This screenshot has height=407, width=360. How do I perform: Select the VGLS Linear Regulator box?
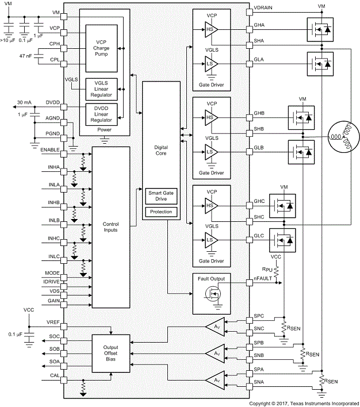pyautogui.click(x=101, y=90)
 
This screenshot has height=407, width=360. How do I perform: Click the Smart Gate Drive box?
pyautogui.click(x=160, y=195)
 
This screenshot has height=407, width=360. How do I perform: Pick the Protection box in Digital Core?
pyautogui.click(x=160, y=212)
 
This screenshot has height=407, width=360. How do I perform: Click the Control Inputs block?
pyautogui.click(x=110, y=226)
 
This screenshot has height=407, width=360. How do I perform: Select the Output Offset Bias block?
pyautogui.click(x=110, y=351)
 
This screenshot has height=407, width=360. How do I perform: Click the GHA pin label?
pyautogui.click(x=259, y=26)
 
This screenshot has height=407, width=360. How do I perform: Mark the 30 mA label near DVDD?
pyautogui.click(x=25, y=102)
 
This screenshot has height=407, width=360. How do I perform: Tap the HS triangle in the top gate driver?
pyautogui.click(x=209, y=30)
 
